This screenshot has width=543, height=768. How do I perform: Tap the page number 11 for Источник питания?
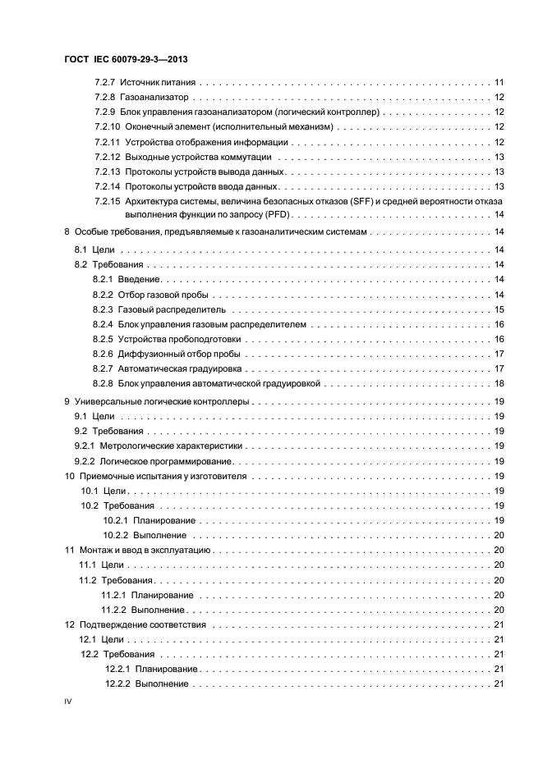point(499,83)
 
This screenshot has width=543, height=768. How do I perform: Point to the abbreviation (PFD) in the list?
point(279,215)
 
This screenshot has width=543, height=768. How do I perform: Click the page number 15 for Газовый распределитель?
point(499,310)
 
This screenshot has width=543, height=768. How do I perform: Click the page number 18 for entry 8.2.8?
point(499,384)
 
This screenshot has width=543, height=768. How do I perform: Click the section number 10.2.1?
point(116,521)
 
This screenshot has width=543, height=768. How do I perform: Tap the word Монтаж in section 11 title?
point(94,551)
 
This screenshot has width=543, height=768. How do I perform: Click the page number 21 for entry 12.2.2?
point(499,684)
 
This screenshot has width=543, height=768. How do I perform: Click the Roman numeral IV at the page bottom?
point(69,704)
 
